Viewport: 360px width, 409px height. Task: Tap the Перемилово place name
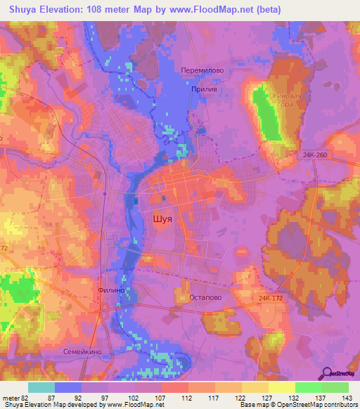click(x=201, y=71)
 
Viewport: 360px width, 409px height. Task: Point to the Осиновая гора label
click(x=286, y=100)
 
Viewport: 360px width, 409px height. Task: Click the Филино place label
click(x=111, y=289)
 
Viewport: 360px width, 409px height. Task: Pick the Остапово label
click(x=206, y=297)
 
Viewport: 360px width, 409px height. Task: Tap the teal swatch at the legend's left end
click(x=41, y=387)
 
